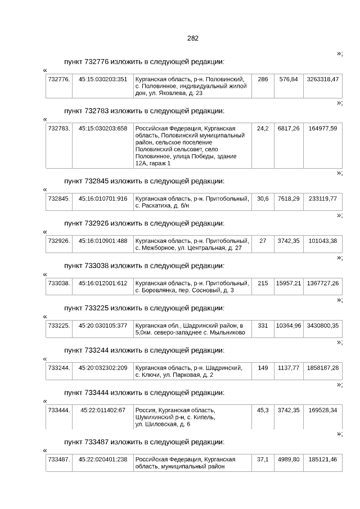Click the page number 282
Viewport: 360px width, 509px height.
pyautogui.click(x=192, y=38)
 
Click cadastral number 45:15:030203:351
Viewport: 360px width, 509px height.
pyautogui.click(x=103, y=79)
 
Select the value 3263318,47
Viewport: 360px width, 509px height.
pyautogui.click(x=323, y=79)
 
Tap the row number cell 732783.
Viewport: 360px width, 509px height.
pyautogui.click(x=59, y=129)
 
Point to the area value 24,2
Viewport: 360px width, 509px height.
pyautogui.click(x=263, y=129)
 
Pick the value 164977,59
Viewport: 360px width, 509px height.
pyautogui.click(x=323, y=129)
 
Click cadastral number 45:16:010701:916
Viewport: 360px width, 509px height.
pyautogui.click(x=103, y=199)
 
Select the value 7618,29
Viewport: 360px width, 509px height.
pyautogui.click(x=289, y=199)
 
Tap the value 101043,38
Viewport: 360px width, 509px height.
pyautogui.click(x=323, y=241)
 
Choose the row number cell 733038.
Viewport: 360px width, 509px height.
pyautogui.click(x=59, y=283)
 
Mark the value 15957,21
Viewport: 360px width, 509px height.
pyautogui.click(x=289, y=283)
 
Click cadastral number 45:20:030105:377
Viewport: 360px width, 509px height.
pyautogui.click(x=103, y=326)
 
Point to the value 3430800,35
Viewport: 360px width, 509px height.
pyautogui.click(x=323, y=326)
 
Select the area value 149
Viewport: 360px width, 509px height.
pyautogui.click(x=263, y=368)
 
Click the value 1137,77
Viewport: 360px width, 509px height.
pyautogui.click(x=289, y=368)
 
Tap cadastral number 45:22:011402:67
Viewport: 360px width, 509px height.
pyautogui.click(x=103, y=410)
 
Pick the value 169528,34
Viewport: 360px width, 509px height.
pyautogui.click(x=323, y=410)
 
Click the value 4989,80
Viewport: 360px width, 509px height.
pyautogui.click(x=289, y=460)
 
